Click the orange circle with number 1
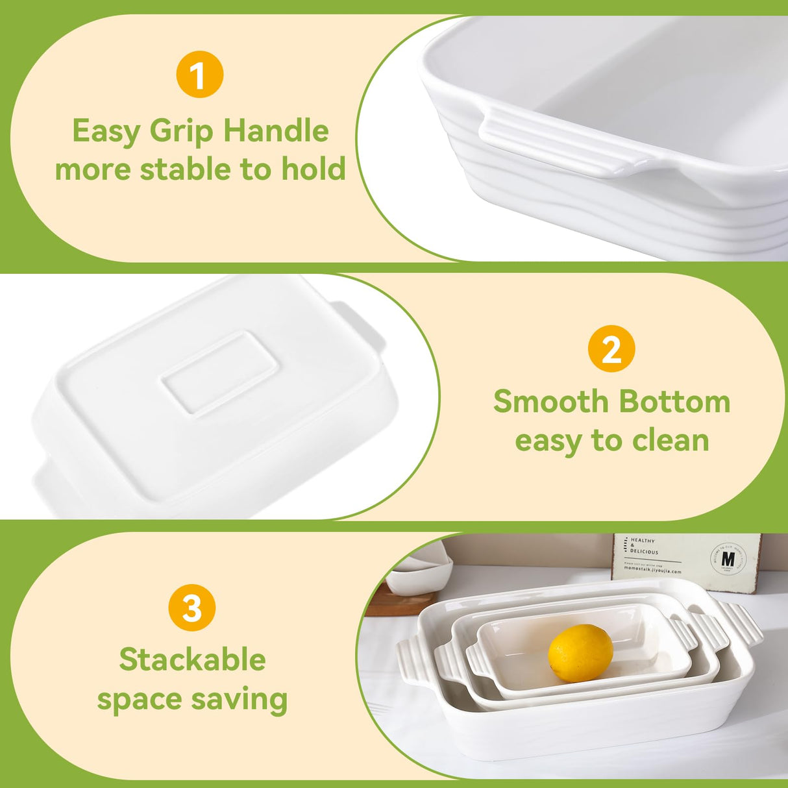click(199, 75)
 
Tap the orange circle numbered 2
click(611, 349)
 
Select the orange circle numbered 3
click(192, 608)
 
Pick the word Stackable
click(192, 660)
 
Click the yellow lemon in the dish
click(580, 652)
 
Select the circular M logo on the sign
click(728, 559)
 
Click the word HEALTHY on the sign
click(643, 540)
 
